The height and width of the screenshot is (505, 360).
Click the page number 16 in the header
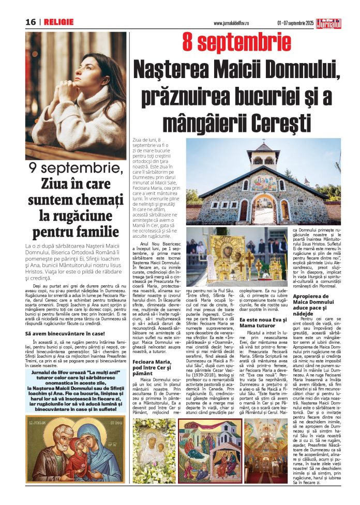(30, 22)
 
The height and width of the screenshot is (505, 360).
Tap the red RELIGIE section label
(58, 22)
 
